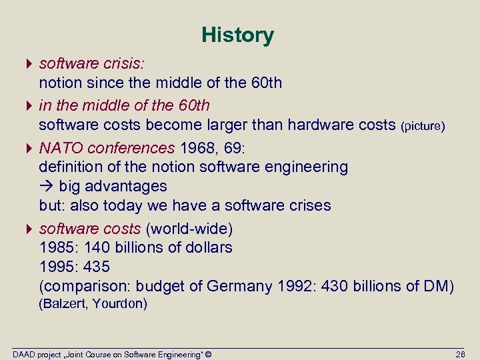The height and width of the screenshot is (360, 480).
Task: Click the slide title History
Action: click(x=237, y=35)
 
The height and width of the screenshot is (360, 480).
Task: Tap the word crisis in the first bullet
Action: click(x=126, y=63)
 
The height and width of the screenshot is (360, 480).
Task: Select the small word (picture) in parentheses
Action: click(x=423, y=125)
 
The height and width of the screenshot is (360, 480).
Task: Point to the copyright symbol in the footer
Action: click(x=208, y=353)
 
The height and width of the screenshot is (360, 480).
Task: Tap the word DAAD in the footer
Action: click(x=23, y=353)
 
